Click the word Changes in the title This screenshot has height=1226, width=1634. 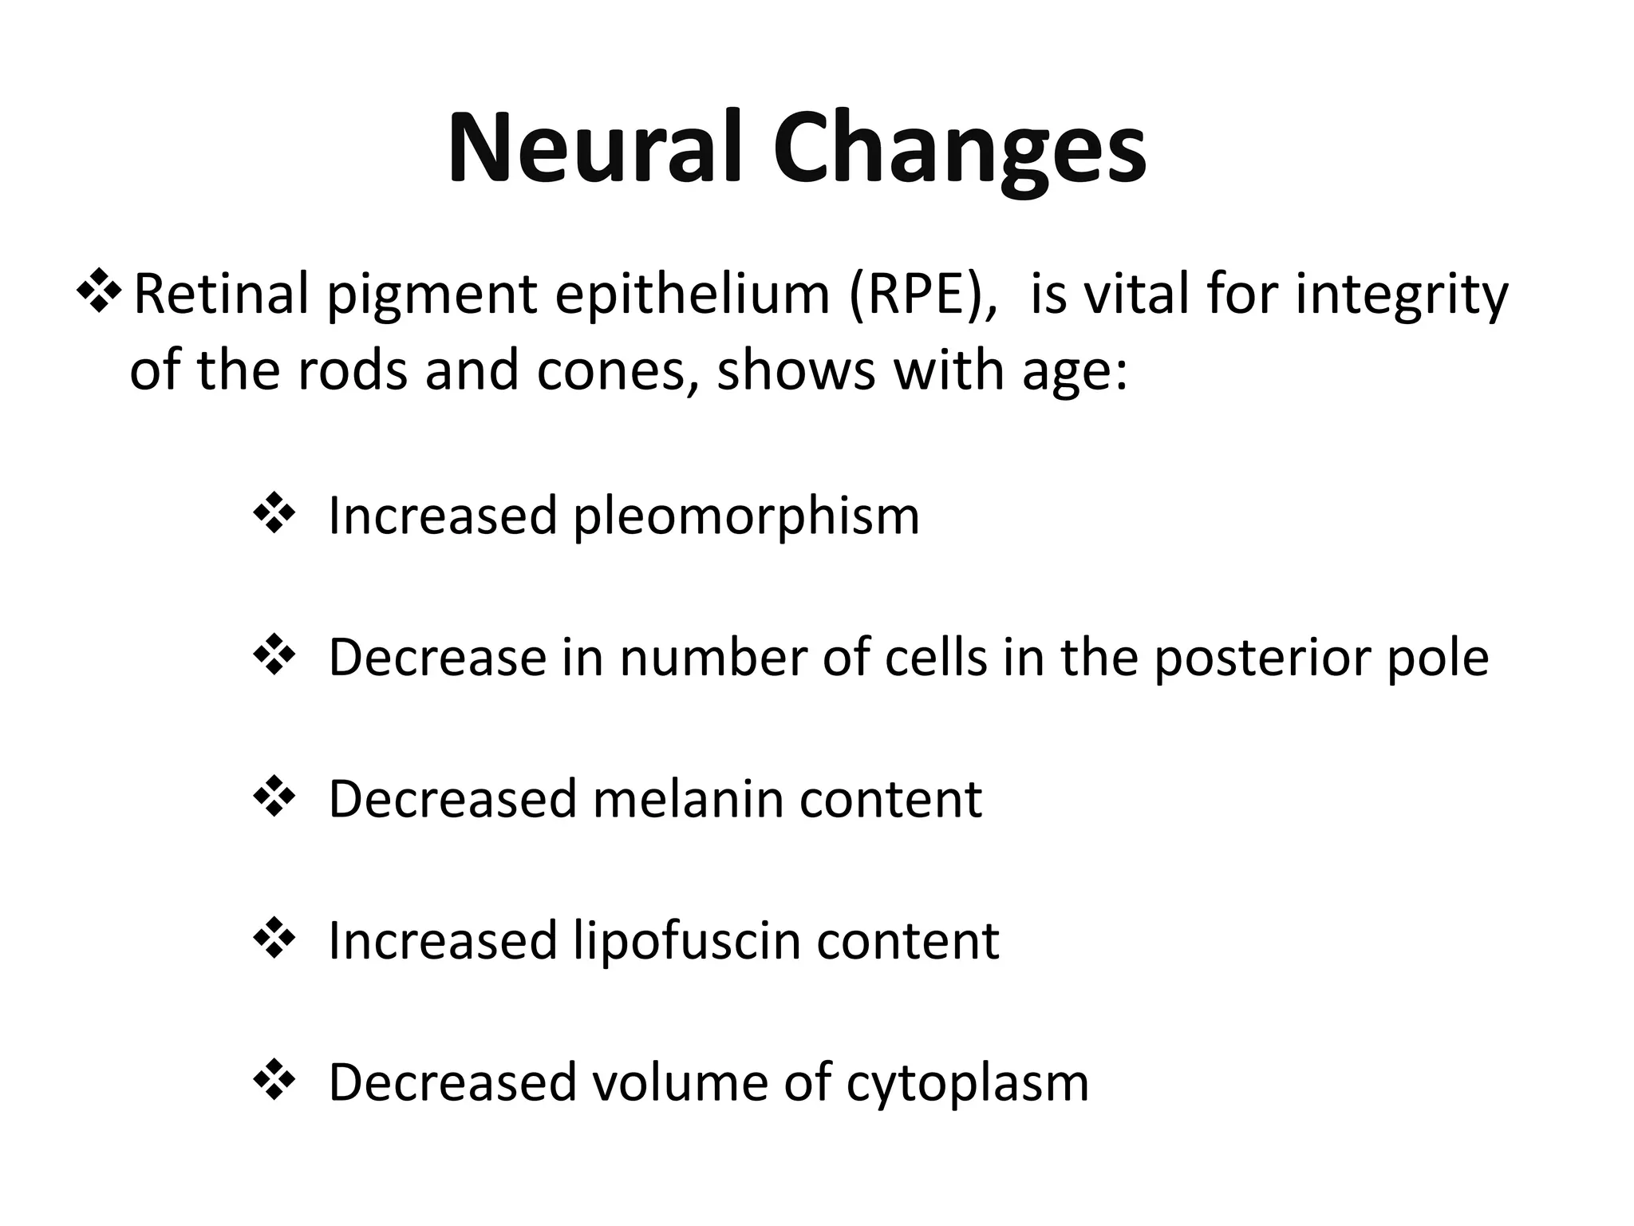[958, 149]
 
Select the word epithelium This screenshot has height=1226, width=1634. [693, 295]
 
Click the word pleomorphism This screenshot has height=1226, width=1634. [746, 516]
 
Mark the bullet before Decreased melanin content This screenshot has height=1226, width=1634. [274, 797]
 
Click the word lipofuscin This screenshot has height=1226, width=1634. [687, 941]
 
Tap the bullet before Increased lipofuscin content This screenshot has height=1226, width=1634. [274, 939]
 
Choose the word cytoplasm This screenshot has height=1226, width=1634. [967, 1084]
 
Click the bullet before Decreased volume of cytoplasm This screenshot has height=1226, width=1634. [274, 1081]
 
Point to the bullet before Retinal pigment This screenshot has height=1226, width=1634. [99, 293]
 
